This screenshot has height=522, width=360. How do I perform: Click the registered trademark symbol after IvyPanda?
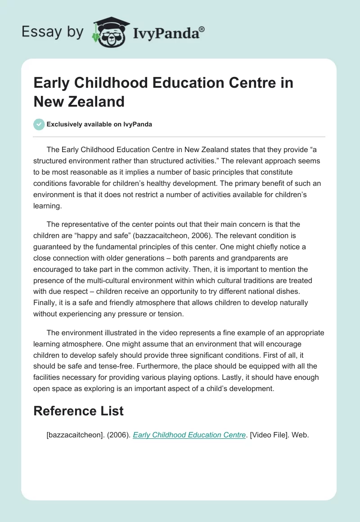(202, 29)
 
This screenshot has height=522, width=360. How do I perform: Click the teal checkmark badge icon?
(39, 124)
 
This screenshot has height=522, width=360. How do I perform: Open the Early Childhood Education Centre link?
(189, 435)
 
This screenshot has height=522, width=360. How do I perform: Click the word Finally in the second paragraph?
(45, 302)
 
